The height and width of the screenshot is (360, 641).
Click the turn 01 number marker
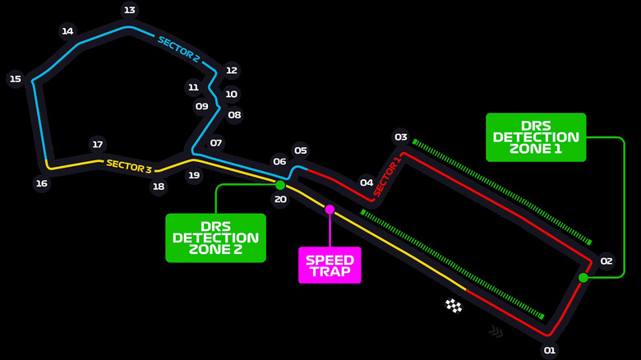(550, 351)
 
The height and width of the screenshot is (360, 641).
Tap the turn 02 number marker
(606, 261)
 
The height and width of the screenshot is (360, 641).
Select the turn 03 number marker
(401, 137)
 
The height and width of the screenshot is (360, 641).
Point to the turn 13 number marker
(129, 10)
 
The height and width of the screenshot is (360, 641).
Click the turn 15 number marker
(15, 79)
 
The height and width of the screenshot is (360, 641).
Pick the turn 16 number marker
(41, 183)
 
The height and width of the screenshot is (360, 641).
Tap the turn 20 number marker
(280, 199)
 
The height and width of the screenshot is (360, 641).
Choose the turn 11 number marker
(193, 87)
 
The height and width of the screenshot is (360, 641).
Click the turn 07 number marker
(216, 142)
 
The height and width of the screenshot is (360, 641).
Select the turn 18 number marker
(159, 187)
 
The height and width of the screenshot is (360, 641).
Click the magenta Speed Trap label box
(330, 265)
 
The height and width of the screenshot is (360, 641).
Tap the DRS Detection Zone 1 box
(536, 137)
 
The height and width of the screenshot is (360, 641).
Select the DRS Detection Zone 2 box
(215, 238)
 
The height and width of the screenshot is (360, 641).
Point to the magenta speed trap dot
(330, 210)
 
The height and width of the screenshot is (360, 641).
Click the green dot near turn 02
(583, 278)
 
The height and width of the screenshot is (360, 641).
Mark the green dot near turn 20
(280, 185)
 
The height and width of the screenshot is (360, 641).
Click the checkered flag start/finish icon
(454, 306)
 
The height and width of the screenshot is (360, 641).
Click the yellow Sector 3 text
(129, 166)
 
